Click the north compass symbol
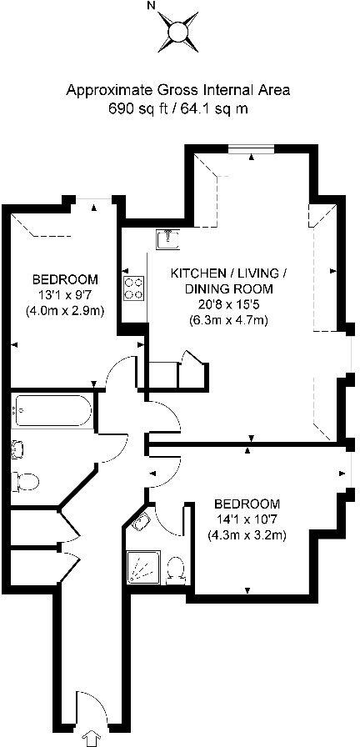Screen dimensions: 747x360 pyautogui.click(x=177, y=33)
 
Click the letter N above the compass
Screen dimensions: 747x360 pyautogui.click(x=151, y=5)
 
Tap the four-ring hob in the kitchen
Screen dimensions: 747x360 pyautogui.click(x=132, y=288)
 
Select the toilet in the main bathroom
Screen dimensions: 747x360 pyautogui.click(x=27, y=481)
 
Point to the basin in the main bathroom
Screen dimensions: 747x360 pyautogui.click(x=17, y=451)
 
